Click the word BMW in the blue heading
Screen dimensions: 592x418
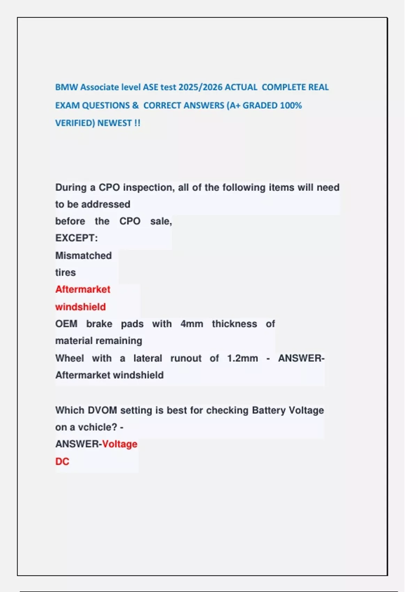click(67, 87)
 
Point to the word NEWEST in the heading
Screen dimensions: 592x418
click(114, 123)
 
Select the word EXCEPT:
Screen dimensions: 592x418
click(76, 238)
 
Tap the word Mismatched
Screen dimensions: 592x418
click(83, 256)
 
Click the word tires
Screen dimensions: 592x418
click(65, 272)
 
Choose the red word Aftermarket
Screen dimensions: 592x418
click(83, 289)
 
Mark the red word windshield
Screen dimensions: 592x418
click(80, 307)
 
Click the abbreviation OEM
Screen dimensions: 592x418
click(66, 324)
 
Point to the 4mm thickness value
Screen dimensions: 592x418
click(192, 324)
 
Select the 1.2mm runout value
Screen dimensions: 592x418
click(242, 358)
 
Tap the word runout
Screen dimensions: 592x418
click(186, 358)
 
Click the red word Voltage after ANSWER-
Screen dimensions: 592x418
click(120, 444)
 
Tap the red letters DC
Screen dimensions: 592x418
click(62, 461)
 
